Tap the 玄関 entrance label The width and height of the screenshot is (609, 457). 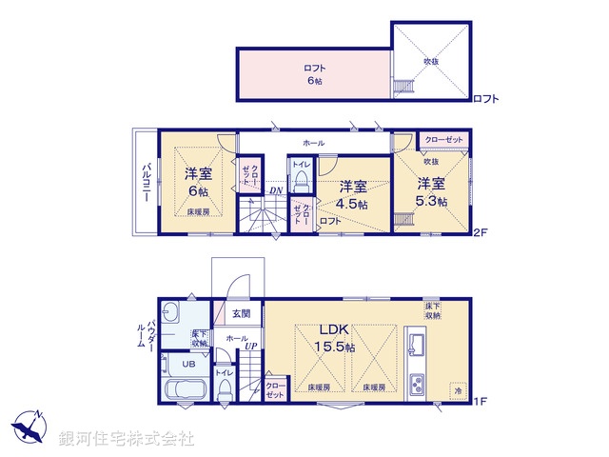point(241,314)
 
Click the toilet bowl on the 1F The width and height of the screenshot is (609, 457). point(225,390)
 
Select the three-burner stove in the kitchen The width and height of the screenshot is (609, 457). point(418,384)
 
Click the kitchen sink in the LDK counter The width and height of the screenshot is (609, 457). point(416,341)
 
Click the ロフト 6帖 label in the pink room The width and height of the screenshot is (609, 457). point(313,74)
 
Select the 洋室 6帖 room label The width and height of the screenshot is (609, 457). point(198,182)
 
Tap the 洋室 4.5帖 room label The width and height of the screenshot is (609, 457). point(352,194)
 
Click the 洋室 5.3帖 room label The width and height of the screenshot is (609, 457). point(430,191)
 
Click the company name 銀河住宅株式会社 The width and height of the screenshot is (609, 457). point(127,439)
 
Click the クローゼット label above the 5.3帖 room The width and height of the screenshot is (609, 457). point(443,140)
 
